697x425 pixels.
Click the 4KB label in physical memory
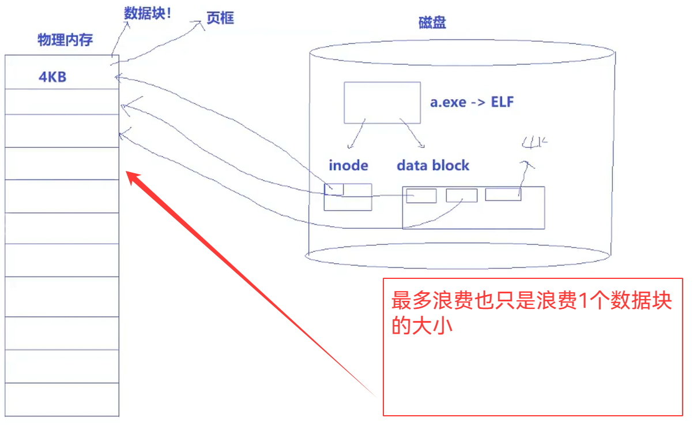click(x=52, y=77)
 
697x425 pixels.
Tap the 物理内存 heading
click(x=65, y=40)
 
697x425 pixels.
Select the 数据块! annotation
click(x=148, y=13)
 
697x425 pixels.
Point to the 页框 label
click(x=220, y=18)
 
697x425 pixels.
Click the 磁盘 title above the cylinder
click(x=432, y=23)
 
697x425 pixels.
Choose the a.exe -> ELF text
click(x=472, y=102)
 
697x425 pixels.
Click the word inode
click(x=348, y=165)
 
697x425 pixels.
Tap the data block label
click(x=433, y=165)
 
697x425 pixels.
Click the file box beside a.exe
click(x=382, y=102)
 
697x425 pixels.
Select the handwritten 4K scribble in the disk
click(x=534, y=142)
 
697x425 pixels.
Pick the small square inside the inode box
click(x=334, y=189)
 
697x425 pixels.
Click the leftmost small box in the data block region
click(x=421, y=196)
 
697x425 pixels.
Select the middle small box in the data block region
click(x=462, y=195)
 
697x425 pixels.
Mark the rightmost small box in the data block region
click(x=503, y=194)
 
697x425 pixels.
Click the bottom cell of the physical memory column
click(x=62, y=399)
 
